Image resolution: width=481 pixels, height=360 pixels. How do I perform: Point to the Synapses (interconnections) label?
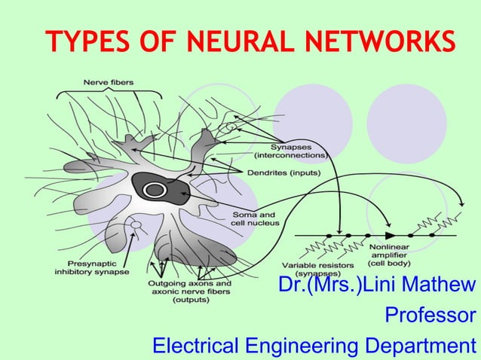tap(290, 150)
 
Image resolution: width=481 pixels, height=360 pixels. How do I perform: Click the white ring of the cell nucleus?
tap(157, 190)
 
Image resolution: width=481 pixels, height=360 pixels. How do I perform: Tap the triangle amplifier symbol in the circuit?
tap(390, 223)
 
